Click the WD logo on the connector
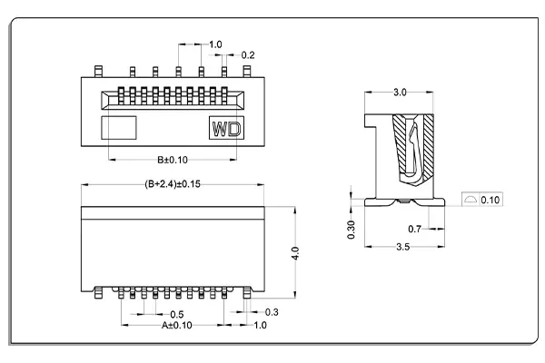227,129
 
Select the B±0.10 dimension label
171,160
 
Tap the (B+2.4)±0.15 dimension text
173,183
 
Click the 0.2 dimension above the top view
248,54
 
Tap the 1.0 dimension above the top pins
215,44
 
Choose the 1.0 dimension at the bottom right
260,324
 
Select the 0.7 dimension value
414,229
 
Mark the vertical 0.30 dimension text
352,230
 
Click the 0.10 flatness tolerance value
489,199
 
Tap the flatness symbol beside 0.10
469,199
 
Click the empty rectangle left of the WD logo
118,128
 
